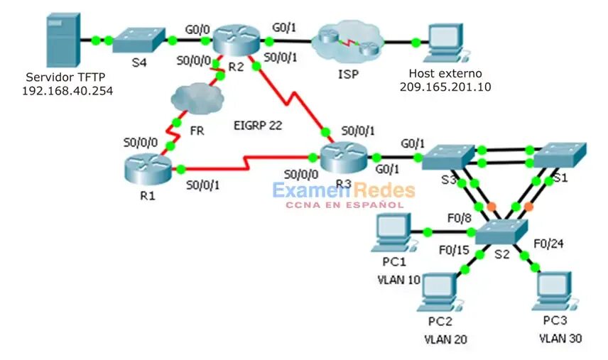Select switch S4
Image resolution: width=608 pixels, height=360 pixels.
[x=139, y=39]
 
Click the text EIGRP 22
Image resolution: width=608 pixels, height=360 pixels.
[x=257, y=126]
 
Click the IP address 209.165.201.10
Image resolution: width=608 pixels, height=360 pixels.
[x=445, y=87]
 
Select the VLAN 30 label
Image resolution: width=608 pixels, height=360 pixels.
[x=560, y=339]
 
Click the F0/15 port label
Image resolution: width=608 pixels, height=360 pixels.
[x=455, y=251]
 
